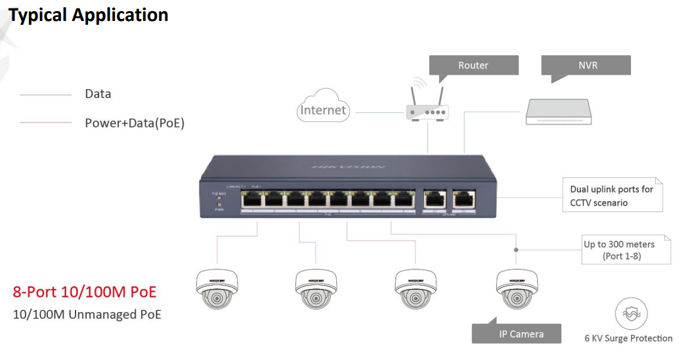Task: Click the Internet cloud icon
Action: click(x=323, y=110)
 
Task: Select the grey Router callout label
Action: click(x=473, y=65)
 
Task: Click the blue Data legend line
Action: click(x=46, y=95)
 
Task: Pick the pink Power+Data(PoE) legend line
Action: click(x=46, y=123)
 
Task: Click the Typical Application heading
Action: click(x=89, y=14)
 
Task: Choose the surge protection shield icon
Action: click(x=632, y=314)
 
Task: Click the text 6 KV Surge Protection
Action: click(x=628, y=338)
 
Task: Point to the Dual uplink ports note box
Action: click(x=611, y=196)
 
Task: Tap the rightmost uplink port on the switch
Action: click(x=464, y=197)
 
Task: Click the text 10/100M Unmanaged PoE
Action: click(x=87, y=315)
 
